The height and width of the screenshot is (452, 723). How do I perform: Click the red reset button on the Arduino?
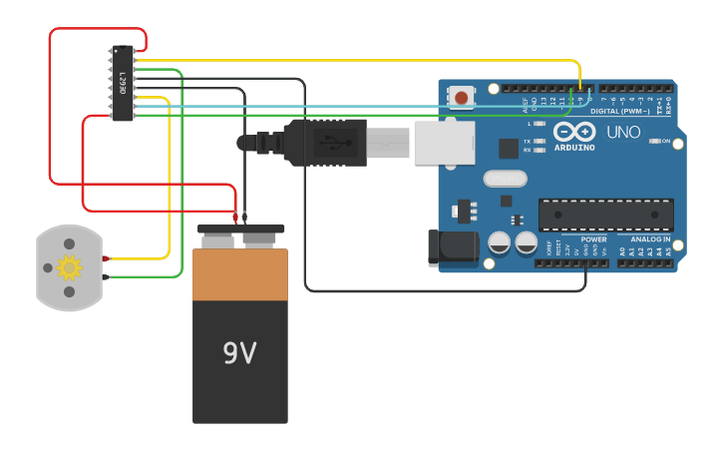click(462, 97)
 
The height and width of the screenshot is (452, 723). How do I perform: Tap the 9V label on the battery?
click(239, 353)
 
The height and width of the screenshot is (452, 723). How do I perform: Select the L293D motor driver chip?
click(122, 84)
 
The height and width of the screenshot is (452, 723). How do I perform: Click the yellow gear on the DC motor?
click(69, 267)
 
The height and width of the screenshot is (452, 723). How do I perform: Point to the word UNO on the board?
click(623, 132)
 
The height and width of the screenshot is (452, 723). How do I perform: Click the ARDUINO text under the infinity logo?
click(574, 148)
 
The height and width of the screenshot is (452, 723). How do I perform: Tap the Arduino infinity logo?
click(574, 133)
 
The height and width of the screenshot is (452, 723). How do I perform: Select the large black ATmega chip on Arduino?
click(605, 215)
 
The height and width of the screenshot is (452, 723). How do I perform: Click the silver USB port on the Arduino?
click(444, 143)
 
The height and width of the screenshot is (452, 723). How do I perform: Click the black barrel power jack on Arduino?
click(450, 249)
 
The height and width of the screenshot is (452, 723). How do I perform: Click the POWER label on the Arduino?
click(593, 239)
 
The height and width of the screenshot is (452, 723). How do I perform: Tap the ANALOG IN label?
click(649, 239)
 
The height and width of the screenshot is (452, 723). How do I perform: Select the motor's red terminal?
click(105, 259)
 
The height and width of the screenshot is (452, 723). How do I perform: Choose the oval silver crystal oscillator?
click(504, 179)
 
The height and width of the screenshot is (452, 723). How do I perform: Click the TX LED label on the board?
click(527, 141)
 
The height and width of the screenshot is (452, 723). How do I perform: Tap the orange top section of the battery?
click(240, 274)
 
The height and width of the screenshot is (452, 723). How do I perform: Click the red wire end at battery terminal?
click(235, 217)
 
